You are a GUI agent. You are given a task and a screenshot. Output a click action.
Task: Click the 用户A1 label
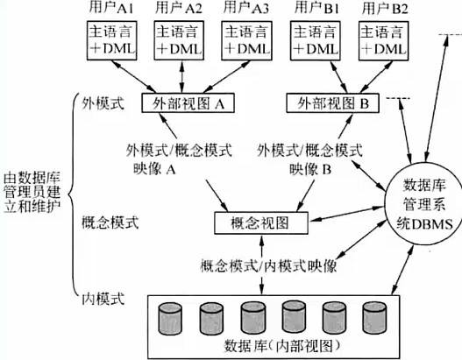[110, 8]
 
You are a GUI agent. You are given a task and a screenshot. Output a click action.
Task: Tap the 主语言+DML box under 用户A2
[179, 40]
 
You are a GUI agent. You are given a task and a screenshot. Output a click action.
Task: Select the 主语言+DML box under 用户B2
[383, 40]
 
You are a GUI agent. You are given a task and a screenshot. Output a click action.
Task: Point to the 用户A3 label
[246, 8]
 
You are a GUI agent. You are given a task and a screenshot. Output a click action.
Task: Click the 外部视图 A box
[188, 103]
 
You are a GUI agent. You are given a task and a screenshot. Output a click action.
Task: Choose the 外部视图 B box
[332, 103]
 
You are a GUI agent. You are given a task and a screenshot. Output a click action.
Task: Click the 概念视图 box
[261, 222]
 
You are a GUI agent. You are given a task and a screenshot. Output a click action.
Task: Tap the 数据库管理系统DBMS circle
[424, 205]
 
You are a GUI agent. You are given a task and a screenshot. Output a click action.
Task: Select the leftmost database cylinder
[170, 319]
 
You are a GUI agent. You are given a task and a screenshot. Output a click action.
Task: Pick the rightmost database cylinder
[374, 318]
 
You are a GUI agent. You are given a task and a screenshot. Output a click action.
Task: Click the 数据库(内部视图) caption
[282, 346]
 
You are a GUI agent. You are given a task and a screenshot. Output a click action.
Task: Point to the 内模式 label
[103, 299]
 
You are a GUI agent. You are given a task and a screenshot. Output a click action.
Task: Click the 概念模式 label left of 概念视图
[110, 222]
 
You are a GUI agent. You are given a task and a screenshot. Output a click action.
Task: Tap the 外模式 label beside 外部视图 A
[103, 103]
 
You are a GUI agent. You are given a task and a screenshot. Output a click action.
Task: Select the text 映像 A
[154, 169]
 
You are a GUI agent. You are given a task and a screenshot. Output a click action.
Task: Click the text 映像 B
[310, 169]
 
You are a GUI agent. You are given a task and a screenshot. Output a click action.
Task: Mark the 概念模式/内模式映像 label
[268, 266]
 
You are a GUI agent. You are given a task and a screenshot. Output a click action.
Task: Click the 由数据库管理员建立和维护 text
[32, 193]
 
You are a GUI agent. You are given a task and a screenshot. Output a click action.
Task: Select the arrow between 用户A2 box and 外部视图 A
[181, 77]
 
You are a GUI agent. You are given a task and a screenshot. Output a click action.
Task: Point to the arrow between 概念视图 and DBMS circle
[346, 214]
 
